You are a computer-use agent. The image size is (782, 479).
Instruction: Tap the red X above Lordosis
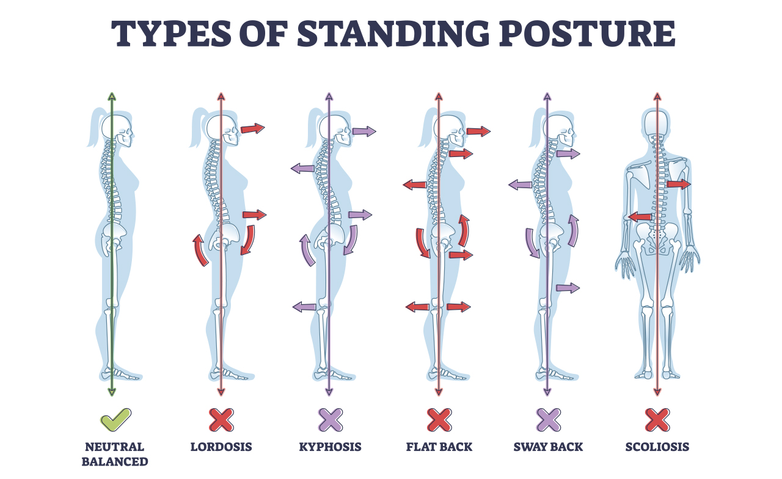tap(221, 420)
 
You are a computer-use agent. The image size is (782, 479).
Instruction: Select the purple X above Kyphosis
tap(330, 420)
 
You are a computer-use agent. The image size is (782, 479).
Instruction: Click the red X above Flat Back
tap(439, 420)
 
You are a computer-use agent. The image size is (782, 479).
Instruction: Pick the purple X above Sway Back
tap(548, 420)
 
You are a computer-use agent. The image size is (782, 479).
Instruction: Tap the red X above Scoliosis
tap(657, 420)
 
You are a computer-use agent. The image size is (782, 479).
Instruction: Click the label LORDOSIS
tap(221, 447)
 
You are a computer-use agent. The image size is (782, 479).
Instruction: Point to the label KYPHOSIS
tap(330, 447)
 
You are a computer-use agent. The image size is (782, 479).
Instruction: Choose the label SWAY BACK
tap(548, 447)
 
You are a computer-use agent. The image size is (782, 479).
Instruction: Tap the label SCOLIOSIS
tap(657, 447)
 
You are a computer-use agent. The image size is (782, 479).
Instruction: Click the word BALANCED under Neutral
tap(115, 461)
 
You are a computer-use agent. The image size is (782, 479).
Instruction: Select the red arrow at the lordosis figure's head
tap(252, 128)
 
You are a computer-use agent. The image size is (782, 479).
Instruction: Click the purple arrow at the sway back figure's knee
tap(568, 288)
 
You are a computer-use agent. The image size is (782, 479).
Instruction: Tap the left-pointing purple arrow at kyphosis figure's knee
tap(304, 307)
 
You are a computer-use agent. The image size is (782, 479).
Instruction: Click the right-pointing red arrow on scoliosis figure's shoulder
tap(678, 184)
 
